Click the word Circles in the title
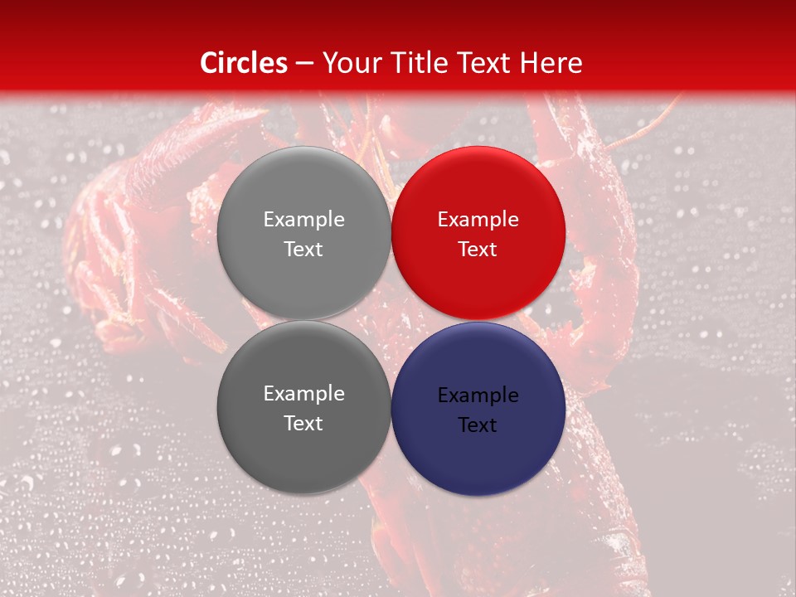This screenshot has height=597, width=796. pos(244,63)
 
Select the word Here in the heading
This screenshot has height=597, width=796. pos(551,63)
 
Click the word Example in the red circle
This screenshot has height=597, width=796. pos(478,220)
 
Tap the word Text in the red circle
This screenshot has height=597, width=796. pos(478,250)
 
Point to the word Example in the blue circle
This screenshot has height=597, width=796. pos(478,396)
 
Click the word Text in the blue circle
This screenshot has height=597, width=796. pos(478,425)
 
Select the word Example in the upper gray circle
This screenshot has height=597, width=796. pos(303,220)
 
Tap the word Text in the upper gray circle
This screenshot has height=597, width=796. pos(303,250)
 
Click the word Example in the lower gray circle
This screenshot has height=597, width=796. pos(303,394)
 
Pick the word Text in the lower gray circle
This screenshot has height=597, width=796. pos(303,424)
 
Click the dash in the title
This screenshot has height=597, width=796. pos(303,64)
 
